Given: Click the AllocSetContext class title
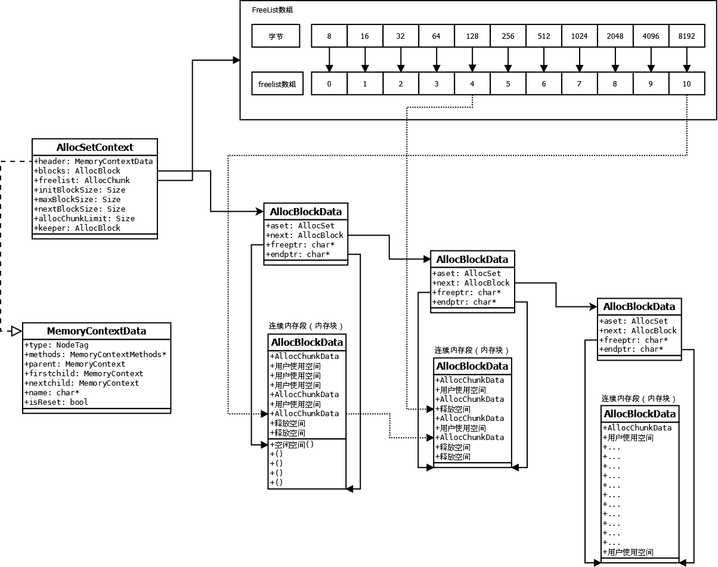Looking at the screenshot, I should pos(95,147).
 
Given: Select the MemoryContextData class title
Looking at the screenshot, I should pos(97,331).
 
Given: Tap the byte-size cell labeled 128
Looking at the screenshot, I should pos(472,36).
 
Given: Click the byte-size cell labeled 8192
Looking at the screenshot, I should pos(686,36).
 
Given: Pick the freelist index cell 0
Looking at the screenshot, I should pos(329,84).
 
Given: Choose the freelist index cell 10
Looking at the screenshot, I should pos(686,84).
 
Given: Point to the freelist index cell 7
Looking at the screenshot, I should pos(579,84).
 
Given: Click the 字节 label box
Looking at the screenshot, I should pos(276,36).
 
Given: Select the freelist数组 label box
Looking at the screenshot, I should pos(276,84).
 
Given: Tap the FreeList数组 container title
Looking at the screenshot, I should pos(273,10).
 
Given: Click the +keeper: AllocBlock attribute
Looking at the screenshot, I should pos(78,228).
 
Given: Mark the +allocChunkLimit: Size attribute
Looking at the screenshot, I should pos(85,218).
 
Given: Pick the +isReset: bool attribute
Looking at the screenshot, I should pos(56,402).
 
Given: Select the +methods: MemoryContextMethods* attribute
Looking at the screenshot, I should pos(95,354).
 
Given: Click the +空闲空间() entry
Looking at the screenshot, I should pos(292,444).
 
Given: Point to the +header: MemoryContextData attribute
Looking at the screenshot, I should pos(94,161).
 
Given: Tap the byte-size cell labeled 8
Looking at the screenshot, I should pos(329,36).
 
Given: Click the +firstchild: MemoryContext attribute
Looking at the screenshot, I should pos(84,373).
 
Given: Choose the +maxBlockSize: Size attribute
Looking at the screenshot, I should pos(78,199).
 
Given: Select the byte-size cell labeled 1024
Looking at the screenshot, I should pos(579,36).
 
